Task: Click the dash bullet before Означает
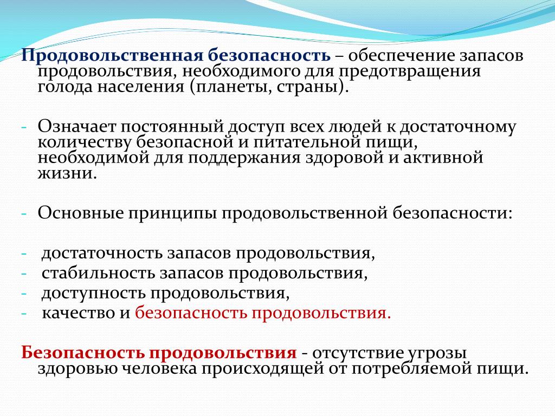click(24, 128)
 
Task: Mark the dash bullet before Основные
click(24, 213)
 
